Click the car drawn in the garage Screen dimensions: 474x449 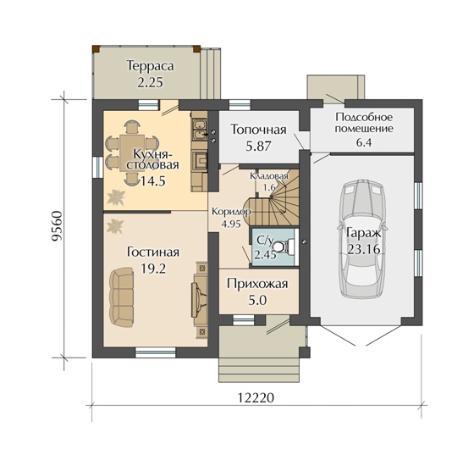[363, 241]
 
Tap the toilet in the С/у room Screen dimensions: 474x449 [287, 246]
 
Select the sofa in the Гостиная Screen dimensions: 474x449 [121, 298]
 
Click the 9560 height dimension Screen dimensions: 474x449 [57, 226]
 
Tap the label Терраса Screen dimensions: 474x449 [151, 66]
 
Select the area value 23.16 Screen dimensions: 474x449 [364, 249]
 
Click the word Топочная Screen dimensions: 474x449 [258, 130]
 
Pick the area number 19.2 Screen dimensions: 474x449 [153, 268]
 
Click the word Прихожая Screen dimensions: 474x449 [257, 285]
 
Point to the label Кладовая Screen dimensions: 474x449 [269, 176]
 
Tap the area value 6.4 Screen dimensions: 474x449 [364, 142]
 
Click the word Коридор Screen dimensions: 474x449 [231, 212]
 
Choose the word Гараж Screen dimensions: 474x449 [364, 234]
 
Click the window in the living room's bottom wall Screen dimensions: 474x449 [156, 352]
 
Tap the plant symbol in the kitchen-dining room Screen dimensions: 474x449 [117, 197]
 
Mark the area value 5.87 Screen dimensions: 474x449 [258, 147]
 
